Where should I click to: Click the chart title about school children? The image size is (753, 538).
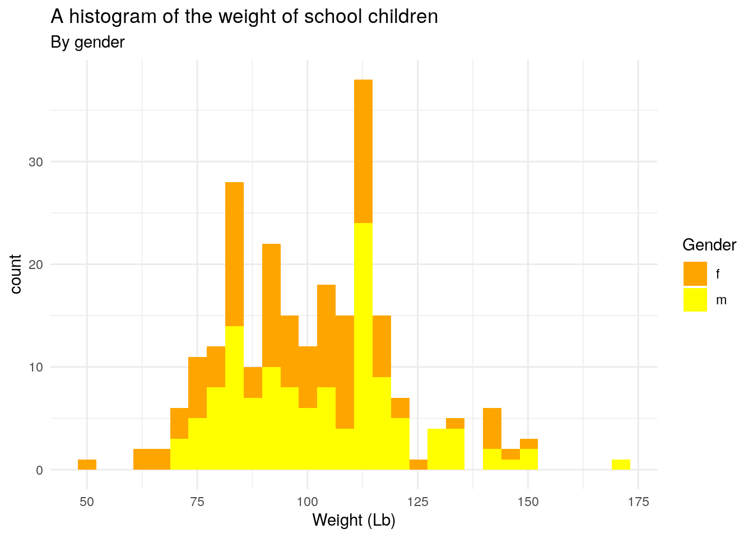tap(244, 17)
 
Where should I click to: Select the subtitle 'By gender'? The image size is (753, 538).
tap(87, 42)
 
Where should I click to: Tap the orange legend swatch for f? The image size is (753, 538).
tap(695, 274)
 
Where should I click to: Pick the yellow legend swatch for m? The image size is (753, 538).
tap(695, 299)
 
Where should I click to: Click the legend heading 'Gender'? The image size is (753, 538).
tap(709, 245)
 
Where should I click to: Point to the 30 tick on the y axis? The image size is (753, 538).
tap(36, 162)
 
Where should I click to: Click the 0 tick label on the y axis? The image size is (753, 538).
tap(39, 470)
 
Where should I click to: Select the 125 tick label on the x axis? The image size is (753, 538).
tap(417, 502)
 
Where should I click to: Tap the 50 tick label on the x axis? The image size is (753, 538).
tap(87, 502)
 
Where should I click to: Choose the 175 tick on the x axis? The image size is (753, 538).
tap(638, 502)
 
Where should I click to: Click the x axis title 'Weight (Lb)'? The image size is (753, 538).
tap(354, 520)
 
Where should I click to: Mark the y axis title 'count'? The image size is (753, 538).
tap(16, 274)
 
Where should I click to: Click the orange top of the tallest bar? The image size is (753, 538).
tap(363, 151)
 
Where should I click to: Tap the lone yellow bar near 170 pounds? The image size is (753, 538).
tap(621, 465)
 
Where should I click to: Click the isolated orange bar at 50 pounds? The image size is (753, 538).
tap(87, 465)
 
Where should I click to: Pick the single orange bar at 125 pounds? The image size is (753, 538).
tap(418, 465)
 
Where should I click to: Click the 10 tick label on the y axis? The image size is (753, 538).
tap(36, 368)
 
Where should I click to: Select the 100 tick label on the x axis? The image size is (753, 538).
tap(307, 502)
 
